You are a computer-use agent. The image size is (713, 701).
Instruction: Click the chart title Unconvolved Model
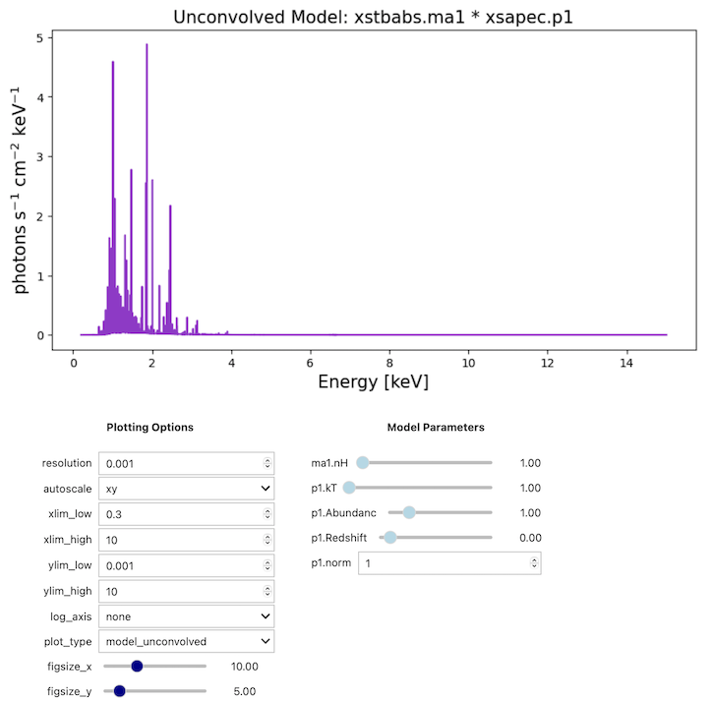[375, 17]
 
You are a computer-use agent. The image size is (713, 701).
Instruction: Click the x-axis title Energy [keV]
[373, 380]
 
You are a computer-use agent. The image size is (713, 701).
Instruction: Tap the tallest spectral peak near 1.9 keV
[147, 46]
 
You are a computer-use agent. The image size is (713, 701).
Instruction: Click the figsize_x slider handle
[137, 667]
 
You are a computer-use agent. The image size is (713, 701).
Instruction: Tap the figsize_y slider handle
[120, 691]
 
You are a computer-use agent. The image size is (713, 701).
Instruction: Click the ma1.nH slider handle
[362, 462]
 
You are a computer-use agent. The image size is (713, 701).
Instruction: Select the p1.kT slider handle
[348, 488]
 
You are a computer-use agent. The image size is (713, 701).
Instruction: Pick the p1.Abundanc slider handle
[409, 512]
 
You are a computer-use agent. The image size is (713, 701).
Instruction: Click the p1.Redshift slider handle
[390, 538]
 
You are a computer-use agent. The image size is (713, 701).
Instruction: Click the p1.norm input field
[448, 563]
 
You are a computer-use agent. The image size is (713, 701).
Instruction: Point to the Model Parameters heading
[436, 428]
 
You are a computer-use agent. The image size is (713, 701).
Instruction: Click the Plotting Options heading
[149, 428]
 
